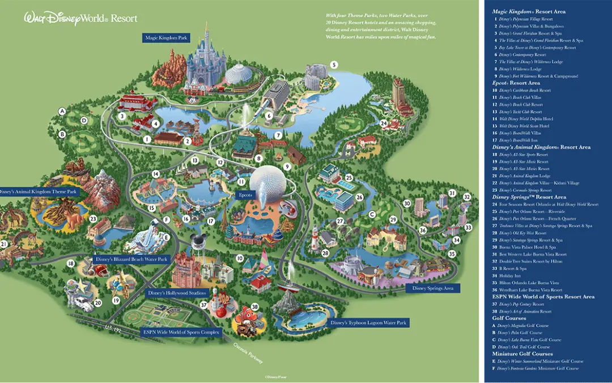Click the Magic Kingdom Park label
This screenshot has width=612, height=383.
click(166, 38)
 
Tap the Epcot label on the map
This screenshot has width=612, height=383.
click(246, 195)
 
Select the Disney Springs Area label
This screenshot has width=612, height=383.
click(432, 288)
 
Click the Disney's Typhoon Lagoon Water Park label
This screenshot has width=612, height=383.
click(368, 323)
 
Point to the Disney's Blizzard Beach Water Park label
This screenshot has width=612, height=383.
click(131, 259)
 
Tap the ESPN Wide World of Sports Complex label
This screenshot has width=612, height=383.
click(180, 332)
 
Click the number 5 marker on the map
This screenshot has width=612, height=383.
click(334, 65)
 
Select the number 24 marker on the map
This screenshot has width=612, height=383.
click(384, 123)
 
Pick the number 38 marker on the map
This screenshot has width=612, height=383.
click(255, 307)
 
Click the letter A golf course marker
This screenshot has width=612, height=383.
click(62, 111)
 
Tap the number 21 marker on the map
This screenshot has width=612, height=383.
click(3, 245)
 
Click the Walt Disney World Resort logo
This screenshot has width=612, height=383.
click(80, 19)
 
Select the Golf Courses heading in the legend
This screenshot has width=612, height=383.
click(509, 318)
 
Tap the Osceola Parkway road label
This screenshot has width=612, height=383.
click(247, 353)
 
